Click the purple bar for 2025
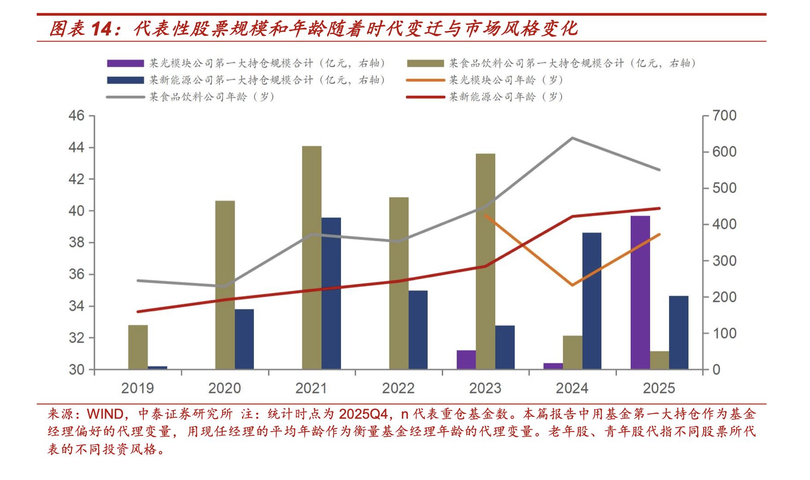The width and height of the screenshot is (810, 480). (x=640, y=293)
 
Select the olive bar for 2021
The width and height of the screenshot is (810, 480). (x=312, y=258)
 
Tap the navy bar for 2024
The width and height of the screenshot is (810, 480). (x=592, y=301)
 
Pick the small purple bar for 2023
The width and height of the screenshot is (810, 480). (x=466, y=360)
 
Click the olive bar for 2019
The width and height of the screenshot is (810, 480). (x=138, y=347)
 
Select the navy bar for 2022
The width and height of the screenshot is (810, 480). (x=417, y=330)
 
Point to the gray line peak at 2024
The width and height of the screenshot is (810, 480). (x=572, y=138)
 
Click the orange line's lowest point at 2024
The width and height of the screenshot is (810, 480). (x=572, y=285)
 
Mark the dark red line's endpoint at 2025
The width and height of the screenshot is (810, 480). (x=659, y=208)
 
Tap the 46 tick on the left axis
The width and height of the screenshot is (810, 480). (x=76, y=115)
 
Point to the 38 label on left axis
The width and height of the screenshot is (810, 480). (x=76, y=242)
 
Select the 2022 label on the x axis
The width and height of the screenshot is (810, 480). (x=398, y=388)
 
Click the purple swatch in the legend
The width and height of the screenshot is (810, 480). (x=125, y=64)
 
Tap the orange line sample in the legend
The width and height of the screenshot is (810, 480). (x=425, y=80)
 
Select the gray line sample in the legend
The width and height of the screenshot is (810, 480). (x=125, y=97)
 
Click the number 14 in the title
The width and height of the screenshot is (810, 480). (x=101, y=29)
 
